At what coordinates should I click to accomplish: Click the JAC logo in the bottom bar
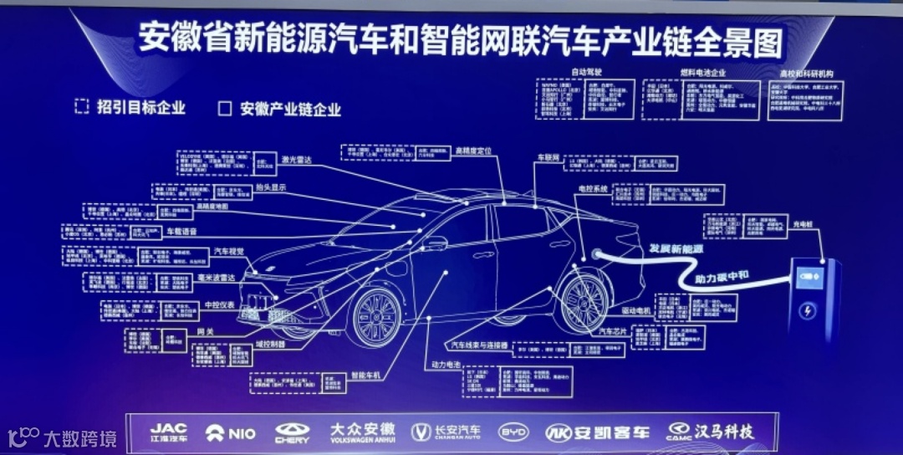169,432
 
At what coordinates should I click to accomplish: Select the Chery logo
292,432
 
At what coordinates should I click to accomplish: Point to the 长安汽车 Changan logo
446,432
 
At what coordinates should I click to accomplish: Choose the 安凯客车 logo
597,432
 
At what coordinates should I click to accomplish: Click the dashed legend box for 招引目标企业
81,106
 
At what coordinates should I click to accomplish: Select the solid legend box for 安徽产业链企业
224,108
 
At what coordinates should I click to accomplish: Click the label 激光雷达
297,158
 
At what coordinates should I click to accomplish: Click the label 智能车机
365,376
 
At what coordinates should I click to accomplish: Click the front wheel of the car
375,317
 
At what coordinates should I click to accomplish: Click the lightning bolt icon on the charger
808,312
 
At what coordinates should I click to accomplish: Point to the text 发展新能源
677,249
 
